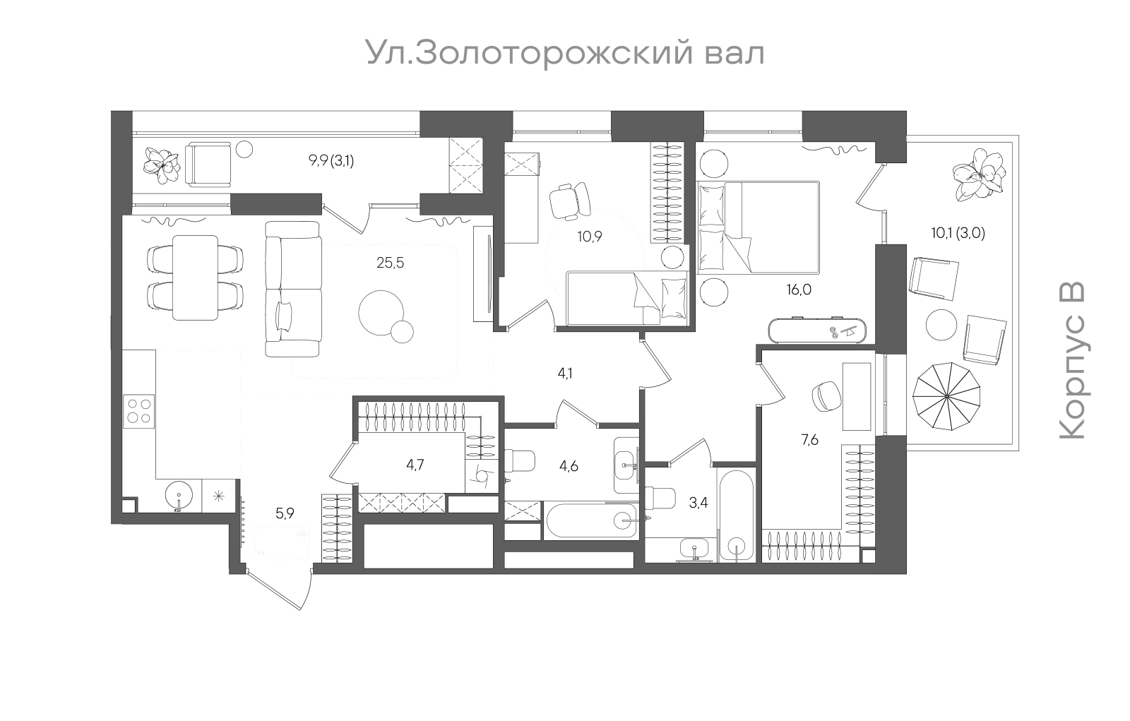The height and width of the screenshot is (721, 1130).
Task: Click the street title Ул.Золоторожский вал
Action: [x=564, y=54]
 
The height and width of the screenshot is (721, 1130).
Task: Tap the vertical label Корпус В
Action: [x=1071, y=361]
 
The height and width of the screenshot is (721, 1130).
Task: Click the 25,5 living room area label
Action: [x=391, y=263]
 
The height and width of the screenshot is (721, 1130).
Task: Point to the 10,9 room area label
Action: [x=589, y=237]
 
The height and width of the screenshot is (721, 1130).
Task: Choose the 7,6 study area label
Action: [x=809, y=440]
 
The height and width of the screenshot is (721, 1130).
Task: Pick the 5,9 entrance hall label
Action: [x=285, y=513]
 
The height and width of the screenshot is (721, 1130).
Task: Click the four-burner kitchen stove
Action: [x=138, y=410]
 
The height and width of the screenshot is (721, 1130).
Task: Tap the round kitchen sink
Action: [x=179, y=496]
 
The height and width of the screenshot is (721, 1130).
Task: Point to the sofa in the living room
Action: [x=293, y=287]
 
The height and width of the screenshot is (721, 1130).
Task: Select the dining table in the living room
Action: [x=195, y=277]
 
